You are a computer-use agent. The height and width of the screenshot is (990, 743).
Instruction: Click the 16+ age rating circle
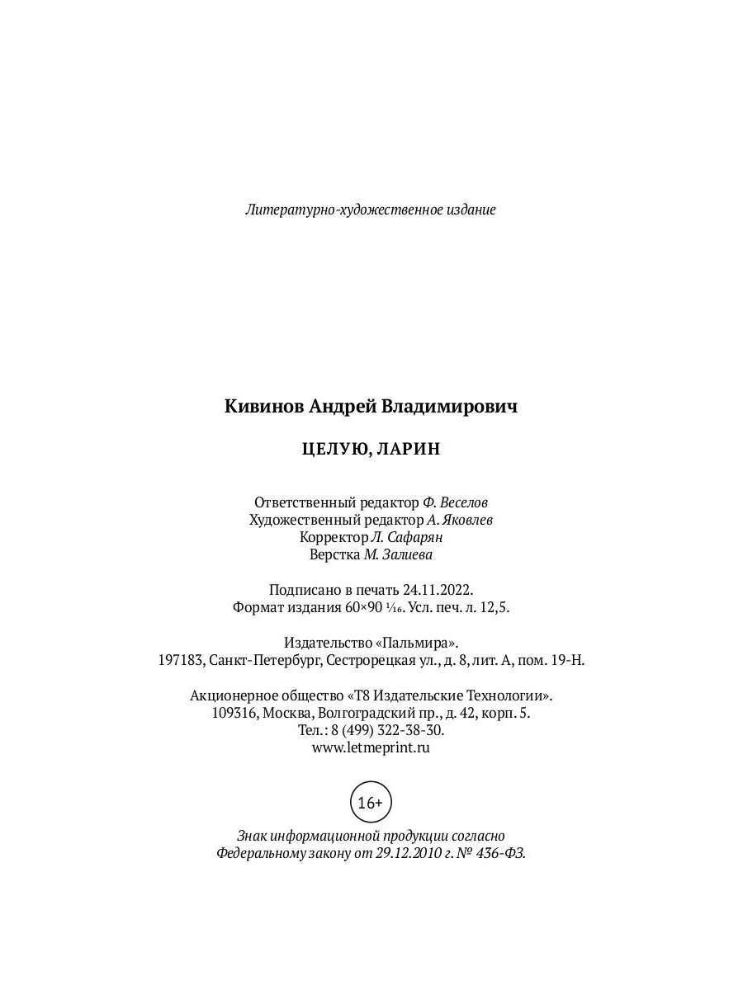371,802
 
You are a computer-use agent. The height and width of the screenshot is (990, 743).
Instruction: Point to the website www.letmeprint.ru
371,747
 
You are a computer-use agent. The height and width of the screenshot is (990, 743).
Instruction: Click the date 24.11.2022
438,590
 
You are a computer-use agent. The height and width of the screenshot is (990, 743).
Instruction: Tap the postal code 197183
180,660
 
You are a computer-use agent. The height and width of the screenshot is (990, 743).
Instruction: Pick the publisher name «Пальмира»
419,643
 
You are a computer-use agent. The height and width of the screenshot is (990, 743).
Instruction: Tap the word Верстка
334,554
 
